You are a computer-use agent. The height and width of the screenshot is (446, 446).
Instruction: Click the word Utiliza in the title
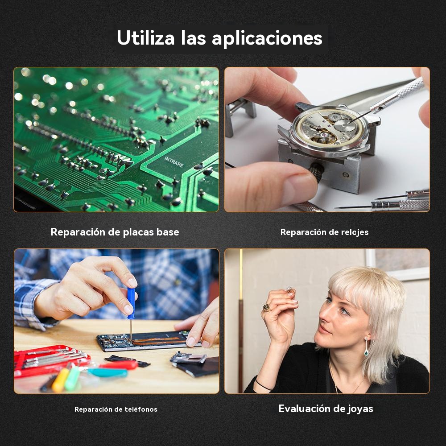[146, 37]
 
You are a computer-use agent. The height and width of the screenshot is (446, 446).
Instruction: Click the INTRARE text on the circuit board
[174, 162]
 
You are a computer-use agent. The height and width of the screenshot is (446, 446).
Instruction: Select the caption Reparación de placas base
[115, 232]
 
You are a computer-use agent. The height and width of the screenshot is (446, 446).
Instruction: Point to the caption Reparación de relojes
[325, 232]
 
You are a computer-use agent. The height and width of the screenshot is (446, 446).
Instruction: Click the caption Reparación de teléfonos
[116, 409]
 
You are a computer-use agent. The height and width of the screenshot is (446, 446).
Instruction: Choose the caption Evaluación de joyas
[326, 409]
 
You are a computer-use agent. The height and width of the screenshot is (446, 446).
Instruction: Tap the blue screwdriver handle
[131, 303]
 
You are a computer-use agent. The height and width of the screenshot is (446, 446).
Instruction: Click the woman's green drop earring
[366, 347]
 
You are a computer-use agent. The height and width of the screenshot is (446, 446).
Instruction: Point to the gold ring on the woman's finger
[267, 307]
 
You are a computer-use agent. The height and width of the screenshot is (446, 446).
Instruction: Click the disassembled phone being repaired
[148, 341]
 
